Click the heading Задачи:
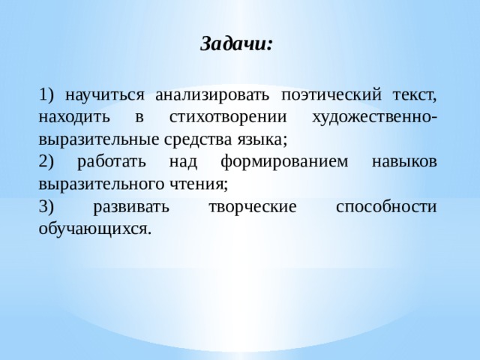click(x=237, y=43)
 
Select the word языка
click(x=265, y=139)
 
